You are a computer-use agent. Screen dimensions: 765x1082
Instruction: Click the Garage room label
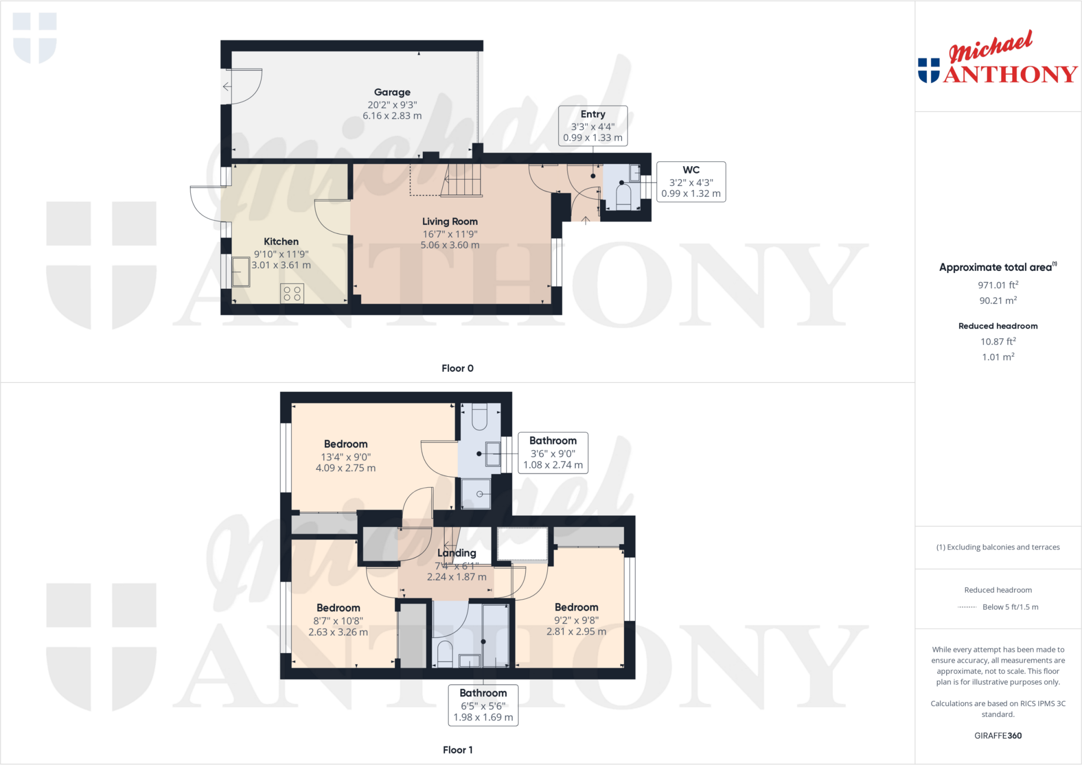(x=392, y=92)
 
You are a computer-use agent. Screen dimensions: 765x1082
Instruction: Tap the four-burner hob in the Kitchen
(x=292, y=294)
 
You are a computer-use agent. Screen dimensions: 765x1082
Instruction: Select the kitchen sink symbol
(x=241, y=271)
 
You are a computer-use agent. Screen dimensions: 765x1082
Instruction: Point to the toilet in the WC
(x=623, y=196)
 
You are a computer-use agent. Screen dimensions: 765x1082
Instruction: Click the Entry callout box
(x=593, y=126)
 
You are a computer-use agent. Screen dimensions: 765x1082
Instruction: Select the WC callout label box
(x=691, y=182)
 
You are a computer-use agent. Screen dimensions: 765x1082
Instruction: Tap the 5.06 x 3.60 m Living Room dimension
(x=450, y=245)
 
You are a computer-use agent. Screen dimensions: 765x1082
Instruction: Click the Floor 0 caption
(x=458, y=368)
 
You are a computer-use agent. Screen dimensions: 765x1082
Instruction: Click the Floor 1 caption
(x=458, y=750)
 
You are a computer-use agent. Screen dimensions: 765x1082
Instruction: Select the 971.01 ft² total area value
(x=997, y=285)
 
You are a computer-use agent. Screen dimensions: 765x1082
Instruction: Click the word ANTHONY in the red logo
(x=1010, y=74)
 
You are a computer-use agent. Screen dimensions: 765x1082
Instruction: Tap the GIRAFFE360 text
(x=997, y=735)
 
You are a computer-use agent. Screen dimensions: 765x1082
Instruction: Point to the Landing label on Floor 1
(x=456, y=553)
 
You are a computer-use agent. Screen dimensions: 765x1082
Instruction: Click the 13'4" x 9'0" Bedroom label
(x=346, y=444)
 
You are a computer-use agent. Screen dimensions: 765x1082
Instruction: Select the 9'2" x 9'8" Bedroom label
(x=576, y=607)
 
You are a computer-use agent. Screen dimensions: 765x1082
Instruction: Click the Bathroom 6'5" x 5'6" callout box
(x=483, y=705)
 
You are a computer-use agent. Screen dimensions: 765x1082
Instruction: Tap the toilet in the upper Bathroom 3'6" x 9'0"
(x=479, y=418)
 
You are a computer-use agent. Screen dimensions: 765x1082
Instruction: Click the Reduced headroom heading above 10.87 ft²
(x=997, y=326)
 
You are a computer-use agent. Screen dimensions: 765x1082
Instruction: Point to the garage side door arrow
(x=227, y=87)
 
